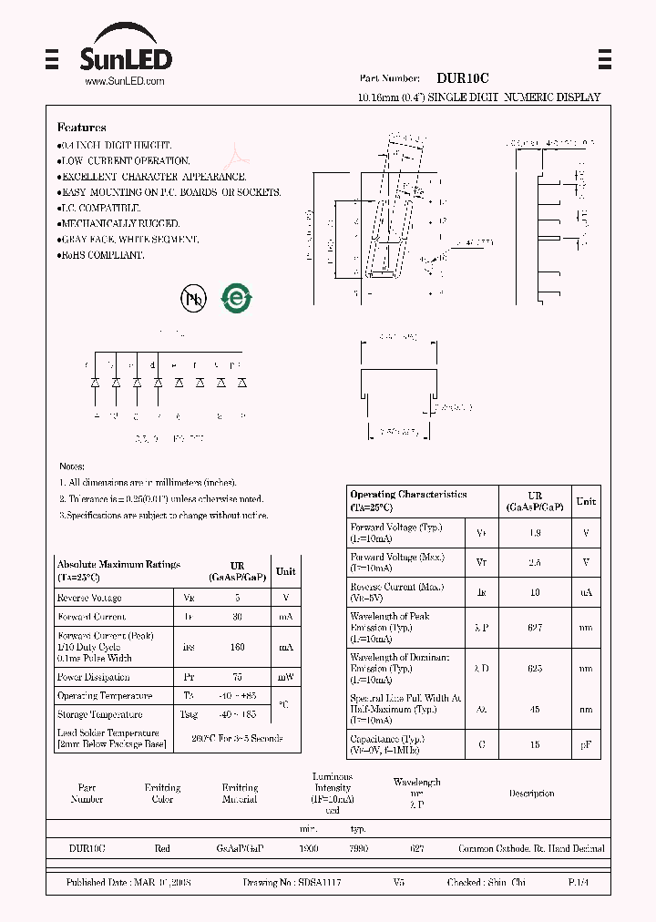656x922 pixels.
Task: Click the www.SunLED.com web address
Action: pos(124,82)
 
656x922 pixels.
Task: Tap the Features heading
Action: pos(82,128)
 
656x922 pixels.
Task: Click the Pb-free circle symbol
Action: pos(193,298)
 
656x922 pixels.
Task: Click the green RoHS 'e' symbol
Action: pos(238,298)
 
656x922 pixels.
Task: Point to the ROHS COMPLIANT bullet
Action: pos(101,256)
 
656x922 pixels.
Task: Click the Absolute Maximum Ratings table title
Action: pos(118,565)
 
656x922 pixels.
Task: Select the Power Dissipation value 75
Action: pos(238,677)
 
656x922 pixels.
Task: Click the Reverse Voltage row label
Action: pos(89,598)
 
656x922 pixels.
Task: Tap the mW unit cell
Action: pos(286,677)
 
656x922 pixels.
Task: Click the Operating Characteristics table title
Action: pos(408,495)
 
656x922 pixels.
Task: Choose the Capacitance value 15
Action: pos(535,744)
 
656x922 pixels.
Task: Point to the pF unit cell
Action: pos(586,744)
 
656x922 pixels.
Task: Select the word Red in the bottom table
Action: pos(162,848)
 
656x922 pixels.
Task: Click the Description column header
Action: pos(531,794)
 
